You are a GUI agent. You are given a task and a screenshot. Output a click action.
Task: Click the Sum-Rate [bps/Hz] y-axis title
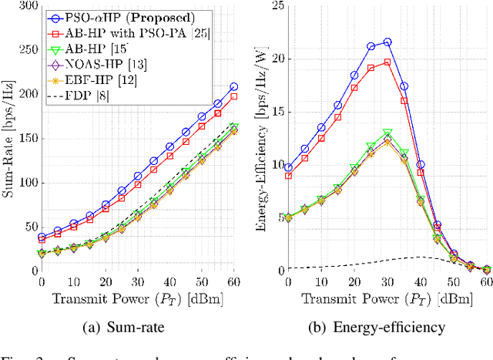coord(8,139)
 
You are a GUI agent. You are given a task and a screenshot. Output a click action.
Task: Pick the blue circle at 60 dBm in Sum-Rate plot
coord(233,87)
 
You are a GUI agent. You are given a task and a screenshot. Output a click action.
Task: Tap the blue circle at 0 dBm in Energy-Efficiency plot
coord(288,167)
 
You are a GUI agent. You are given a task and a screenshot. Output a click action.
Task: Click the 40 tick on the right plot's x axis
coord(420,282)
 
